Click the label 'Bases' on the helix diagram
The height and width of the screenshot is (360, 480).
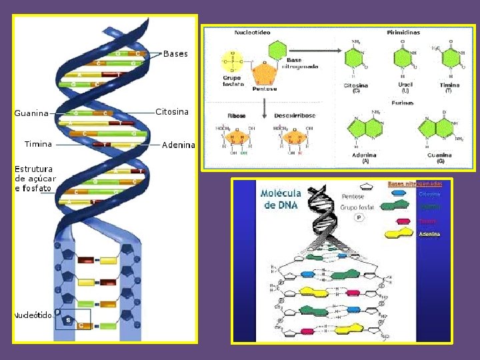[175, 53]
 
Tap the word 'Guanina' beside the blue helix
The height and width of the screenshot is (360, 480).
[31, 113]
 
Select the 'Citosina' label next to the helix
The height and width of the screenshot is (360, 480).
[172, 111]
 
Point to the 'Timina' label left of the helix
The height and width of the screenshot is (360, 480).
[37, 144]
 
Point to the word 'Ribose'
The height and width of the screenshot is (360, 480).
[237, 115]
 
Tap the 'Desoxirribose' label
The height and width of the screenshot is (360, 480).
[295, 115]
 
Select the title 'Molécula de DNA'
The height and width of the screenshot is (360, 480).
[281, 199]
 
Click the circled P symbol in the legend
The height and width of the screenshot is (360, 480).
[359, 218]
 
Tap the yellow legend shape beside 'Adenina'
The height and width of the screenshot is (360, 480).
[399, 233]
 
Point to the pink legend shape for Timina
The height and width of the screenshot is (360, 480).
[403, 221]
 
